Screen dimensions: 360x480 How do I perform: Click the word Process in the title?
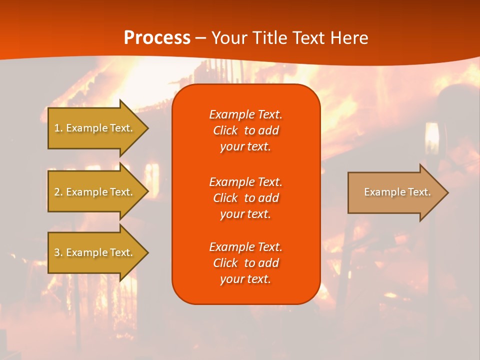(x=157, y=38)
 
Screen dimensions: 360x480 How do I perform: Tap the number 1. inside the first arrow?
(x=58, y=128)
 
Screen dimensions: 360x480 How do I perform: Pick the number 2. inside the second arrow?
(x=58, y=192)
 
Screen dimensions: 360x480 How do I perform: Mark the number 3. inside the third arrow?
(x=58, y=252)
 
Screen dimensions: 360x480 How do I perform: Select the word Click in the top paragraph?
(x=225, y=130)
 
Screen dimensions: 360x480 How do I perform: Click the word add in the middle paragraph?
(x=268, y=198)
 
